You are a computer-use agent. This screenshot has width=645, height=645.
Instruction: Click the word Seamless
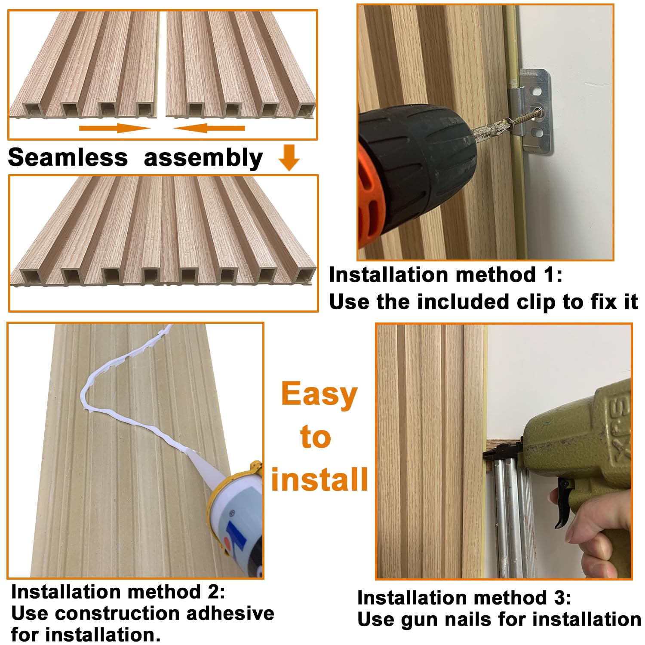pos(68,157)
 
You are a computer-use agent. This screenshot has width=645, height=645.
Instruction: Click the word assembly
pos(203,158)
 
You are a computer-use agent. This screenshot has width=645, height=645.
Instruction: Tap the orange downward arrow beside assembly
pos(289,157)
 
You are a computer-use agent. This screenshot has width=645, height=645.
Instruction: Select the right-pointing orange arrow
pos(114,128)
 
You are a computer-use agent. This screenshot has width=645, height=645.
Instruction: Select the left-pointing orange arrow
pos(209,128)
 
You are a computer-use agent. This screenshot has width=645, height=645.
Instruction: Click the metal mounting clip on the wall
pos(533,112)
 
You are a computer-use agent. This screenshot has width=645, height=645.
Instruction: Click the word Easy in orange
pos(319,394)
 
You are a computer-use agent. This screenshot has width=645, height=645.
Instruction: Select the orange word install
pos(319,479)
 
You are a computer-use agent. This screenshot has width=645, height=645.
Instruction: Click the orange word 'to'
pos(316,437)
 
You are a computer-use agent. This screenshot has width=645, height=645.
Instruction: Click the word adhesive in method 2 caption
pos(230,614)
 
